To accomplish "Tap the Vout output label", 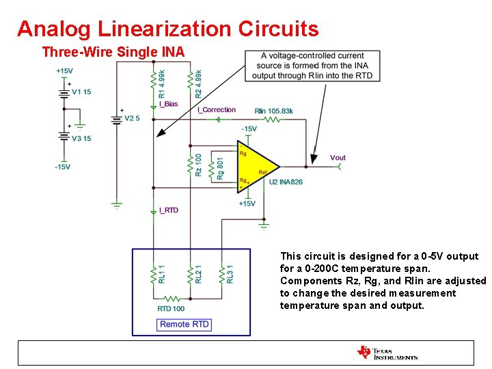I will click(x=338, y=158).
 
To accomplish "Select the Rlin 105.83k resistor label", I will click(x=273, y=111).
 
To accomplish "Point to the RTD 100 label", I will click(x=171, y=309).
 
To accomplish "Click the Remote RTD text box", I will click(x=184, y=324).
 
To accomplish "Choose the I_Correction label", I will click(x=216, y=110).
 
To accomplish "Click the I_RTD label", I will click(x=168, y=210).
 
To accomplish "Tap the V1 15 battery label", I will click(x=81, y=92).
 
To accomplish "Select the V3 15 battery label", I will click(x=81, y=138).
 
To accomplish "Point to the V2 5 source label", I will click(x=132, y=118).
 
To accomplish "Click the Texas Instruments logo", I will click(x=387, y=353).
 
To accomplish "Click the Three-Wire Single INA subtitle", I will click(x=113, y=51).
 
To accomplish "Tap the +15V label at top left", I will click(x=65, y=70).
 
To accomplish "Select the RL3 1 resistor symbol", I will click(x=222, y=275).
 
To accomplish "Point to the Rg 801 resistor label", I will click(x=220, y=168).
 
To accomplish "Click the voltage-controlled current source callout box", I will click(x=312, y=66).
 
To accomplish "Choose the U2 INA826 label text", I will click(x=285, y=182).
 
